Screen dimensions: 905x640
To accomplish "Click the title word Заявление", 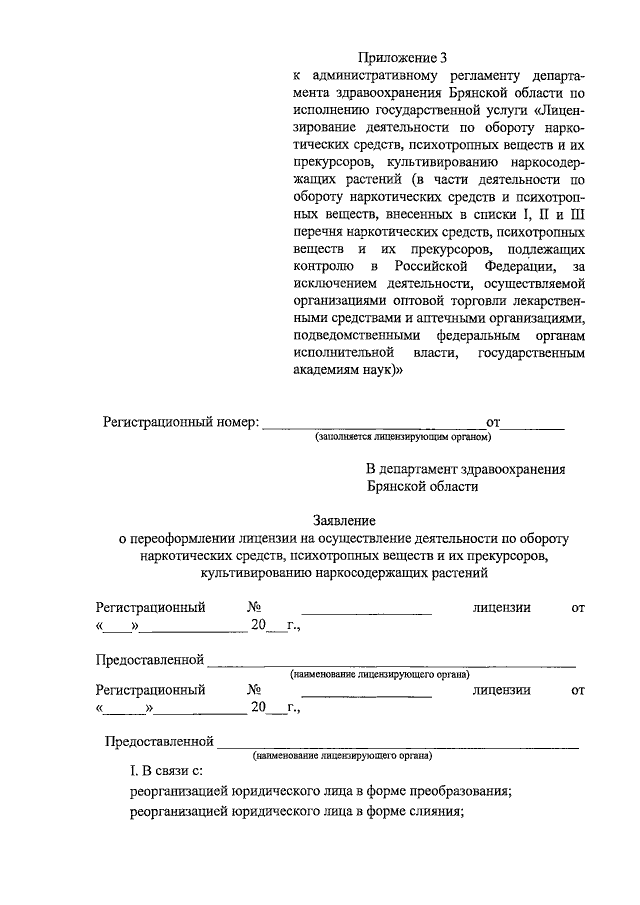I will (345, 520).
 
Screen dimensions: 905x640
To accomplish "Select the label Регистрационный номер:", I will (181, 422).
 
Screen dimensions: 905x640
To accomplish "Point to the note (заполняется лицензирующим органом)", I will (404, 437).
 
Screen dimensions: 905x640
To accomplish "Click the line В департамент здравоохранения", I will (465, 469).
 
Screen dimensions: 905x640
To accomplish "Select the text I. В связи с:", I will (166, 771).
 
